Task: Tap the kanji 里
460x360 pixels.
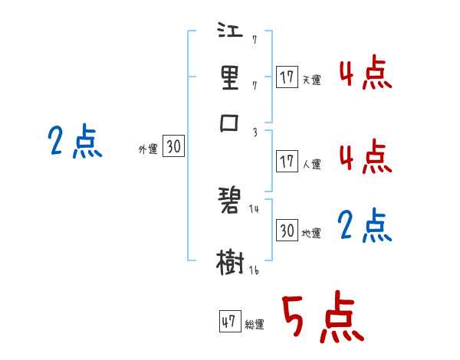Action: pyautogui.click(x=231, y=78)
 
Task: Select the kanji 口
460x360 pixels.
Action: pyautogui.click(x=231, y=123)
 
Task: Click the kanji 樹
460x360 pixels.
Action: pyautogui.click(x=231, y=263)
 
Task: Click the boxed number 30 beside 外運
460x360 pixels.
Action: pyautogui.click(x=174, y=147)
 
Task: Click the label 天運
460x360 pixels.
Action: pyautogui.click(x=311, y=79)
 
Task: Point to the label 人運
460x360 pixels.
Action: pyautogui.click(x=311, y=164)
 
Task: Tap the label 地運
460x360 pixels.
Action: pyautogui.click(x=311, y=233)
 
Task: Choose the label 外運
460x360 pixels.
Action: pyautogui.click(x=148, y=149)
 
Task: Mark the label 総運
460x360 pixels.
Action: pyautogui.click(x=255, y=324)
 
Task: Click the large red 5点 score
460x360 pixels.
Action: pyautogui.click(x=321, y=318)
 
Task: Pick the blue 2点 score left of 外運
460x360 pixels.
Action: pyautogui.click(x=74, y=141)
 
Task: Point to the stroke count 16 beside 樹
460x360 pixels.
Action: pyautogui.click(x=253, y=270)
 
